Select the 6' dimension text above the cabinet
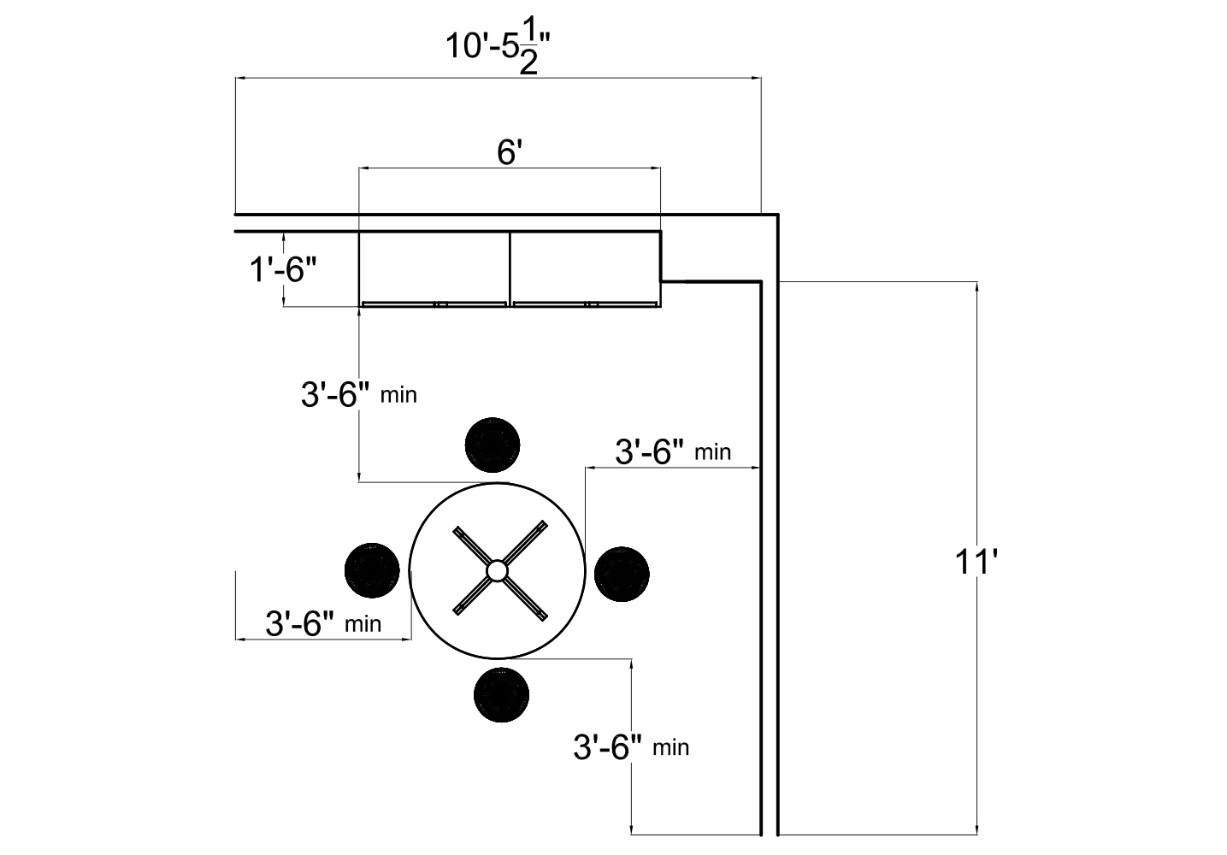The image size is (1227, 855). pyautogui.click(x=510, y=153)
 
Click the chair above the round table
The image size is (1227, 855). pyautogui.click(x=493, y=445)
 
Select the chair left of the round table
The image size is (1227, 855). pyautogui.click(x=372, y=569)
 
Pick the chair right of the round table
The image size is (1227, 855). pyautogui.click(x=622, y=573)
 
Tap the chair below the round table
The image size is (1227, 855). pyautogui.click(x=501, y=694)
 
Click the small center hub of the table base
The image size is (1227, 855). pyautogui.click(x=497, y=569)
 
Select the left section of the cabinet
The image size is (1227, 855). pyautogui.click(x=434, y=266)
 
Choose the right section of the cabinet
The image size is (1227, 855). pyautogui.click(x=586, y=266)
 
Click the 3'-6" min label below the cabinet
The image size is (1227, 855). pyautogui.click(x=358, y=395)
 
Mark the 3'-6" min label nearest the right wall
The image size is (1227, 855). pyautogui.click(x=673, y=451)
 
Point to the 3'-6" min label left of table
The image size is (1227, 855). pyautogui.click(x=323, y=623)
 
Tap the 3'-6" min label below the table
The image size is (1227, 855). pyautogui.click(x=630, y=747)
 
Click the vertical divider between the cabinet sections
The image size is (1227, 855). pyautogui.click(x=510, y=267)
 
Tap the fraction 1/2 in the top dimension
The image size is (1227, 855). pyautogui.click(x=529, y=51)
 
